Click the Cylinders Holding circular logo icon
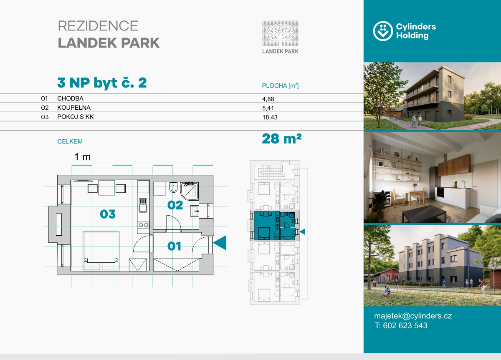click(x=383, y=31)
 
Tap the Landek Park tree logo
click(x=280, y=33)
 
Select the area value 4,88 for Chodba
click(x=268, y=99)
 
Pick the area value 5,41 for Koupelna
click(x=268, y=108)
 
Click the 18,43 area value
click(x=270, y=117)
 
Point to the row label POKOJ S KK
click(x=76, y=117)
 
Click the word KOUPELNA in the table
click(x=74, y=108)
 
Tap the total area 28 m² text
click(x=282, y=139)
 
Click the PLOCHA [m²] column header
click(x=280, y=86)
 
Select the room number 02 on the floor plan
click(x=175, y=205)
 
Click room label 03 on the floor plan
click(x=108, y=214)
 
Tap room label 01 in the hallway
click(x=174, y=246)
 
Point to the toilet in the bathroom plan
click(x=173, y=187)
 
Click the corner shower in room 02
click(x=190, y=191)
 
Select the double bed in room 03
click(x=101, y=251)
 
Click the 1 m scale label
click(x=82, y=157)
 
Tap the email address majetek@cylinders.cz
click(x=413, y=316)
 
